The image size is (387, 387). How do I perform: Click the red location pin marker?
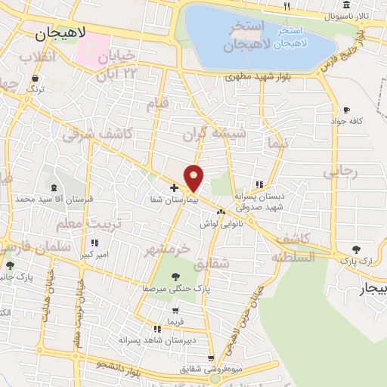tap(194, 178)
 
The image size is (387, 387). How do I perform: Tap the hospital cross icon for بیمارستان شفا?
tap(174, 187)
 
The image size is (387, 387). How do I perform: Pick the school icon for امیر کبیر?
tap(94, 243)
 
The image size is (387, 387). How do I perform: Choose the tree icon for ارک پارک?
tap(356, 249)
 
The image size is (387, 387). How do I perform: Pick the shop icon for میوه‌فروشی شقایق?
tap(211, 358)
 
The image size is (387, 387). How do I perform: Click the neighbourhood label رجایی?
tap(339, 172)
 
